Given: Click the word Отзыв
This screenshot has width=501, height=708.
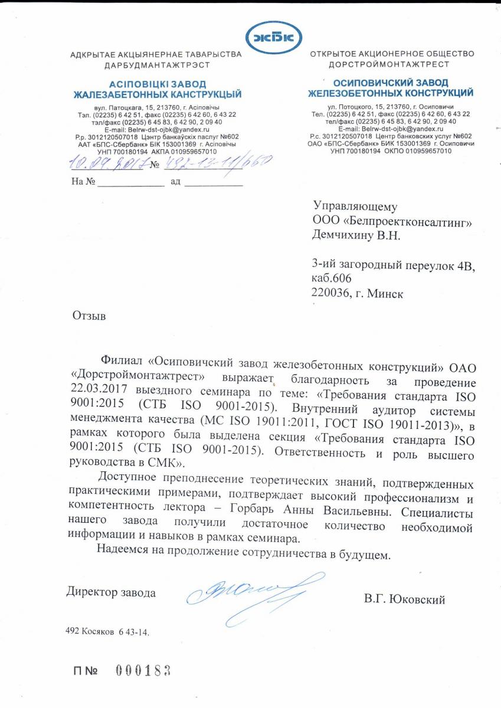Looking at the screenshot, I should tap(89, 316).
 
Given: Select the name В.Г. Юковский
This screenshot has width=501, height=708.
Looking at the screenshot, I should tap(405, 600).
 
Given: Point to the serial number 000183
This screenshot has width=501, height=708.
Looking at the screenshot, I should tap(143, 670).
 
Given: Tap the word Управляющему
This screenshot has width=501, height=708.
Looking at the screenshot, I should tap(355, 206).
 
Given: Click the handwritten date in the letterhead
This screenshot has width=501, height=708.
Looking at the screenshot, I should tap(106, 163).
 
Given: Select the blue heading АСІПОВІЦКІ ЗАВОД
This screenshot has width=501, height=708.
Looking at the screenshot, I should tap(157, 85).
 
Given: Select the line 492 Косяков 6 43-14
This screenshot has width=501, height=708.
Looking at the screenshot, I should tap(107, 631).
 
